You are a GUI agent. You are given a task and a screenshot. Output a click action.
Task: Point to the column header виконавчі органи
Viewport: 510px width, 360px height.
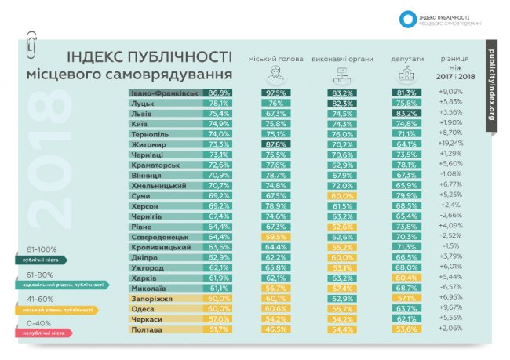[x=340, y=60]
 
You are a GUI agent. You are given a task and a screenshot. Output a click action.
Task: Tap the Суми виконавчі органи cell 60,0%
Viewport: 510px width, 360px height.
[x=341, y=195]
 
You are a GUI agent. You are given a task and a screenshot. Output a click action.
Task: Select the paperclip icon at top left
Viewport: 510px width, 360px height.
[x=31, y=43]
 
